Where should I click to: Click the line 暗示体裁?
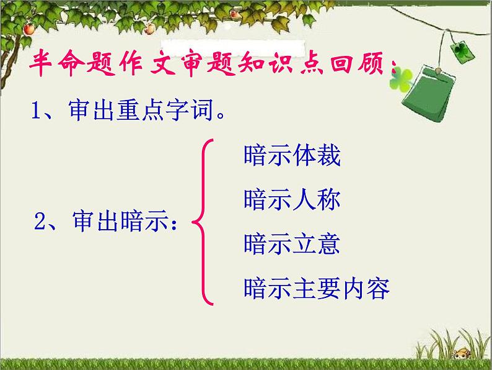click(x=292, y=156)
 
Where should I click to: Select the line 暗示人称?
click(x=292, y=200)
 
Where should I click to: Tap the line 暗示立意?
click(x=292, y=244)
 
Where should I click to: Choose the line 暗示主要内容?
click(x=317, y=288)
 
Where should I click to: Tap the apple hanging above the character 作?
click(x=149, y=28)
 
